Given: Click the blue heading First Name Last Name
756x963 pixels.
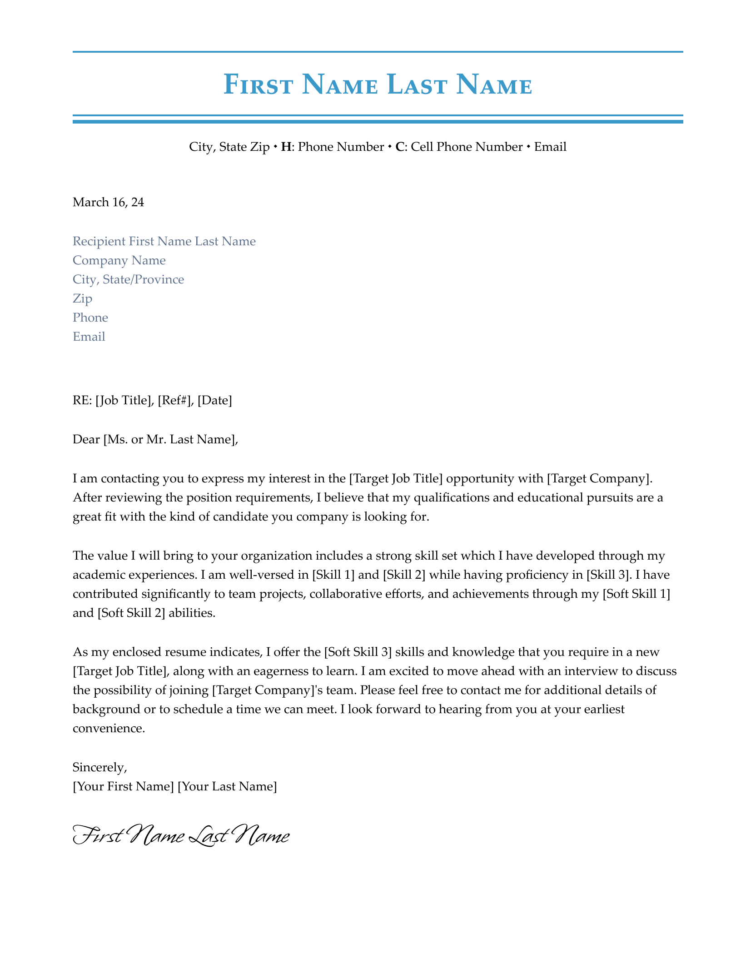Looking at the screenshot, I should tap(378, 85).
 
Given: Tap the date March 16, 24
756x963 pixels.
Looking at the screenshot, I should tap(108, 202).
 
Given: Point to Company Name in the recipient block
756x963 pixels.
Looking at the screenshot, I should tap(119, 260).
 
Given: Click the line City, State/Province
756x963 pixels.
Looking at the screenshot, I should tap(128, 279).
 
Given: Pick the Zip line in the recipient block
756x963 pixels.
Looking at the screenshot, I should tap(82, 298).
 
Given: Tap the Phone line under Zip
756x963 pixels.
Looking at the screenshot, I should tap(90, 318).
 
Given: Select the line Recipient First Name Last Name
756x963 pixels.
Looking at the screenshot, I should tap(164, 241).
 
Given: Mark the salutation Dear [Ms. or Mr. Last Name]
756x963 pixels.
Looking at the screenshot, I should tap(155, 439).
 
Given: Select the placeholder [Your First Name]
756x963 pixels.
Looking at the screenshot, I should tap(123, 786).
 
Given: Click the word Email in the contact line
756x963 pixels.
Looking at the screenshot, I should tap(550, 147).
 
